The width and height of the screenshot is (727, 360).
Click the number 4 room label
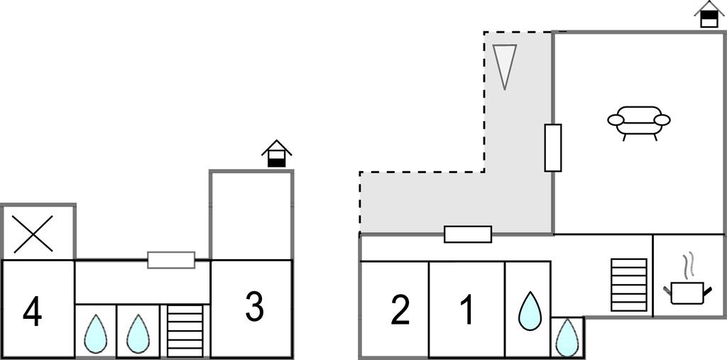pyautogui.click(x=32, y=312)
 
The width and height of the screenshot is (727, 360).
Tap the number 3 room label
pyautogui.click(x=254, y=307)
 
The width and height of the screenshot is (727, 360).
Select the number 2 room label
pyautogui.click(x=400, y=310)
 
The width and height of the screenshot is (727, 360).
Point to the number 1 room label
pyautogui.click(x=466, y=310)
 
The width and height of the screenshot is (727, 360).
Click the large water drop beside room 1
pyautogui.click(x=529, y=311)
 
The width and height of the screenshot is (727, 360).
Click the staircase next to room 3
pyautogui.click(x=185, y=331)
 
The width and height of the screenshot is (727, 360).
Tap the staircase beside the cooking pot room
pyautogui.click(x=629, y=285)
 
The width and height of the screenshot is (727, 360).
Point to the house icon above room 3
pyautogui.click(x=276, y=153)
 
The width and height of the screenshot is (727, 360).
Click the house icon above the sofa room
pyautogui.click(x=709, y=14)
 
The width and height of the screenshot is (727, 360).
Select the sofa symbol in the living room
pyautogui.click(x=638, y=121)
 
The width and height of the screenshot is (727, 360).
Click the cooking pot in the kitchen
pyautogui.click(x=687, y=293)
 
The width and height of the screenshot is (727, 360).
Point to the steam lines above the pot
pyautogui.click(x=687, y=266)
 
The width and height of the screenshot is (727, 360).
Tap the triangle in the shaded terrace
pyautogui.click(x=504, y=65)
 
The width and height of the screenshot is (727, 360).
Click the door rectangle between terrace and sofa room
pyautogui.click(x=552, y=148)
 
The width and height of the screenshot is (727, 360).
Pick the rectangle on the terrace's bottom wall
pyautogui.click(x=467, y=234)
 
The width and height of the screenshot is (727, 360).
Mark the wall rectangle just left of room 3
pyautogui.click(x=171, y=260)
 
